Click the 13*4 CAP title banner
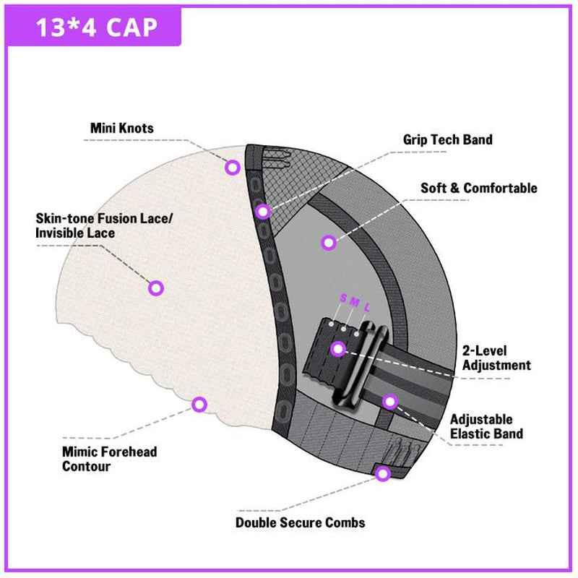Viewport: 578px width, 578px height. pos(97,28)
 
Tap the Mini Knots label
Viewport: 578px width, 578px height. pos(122,129)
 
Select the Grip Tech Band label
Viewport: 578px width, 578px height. pos(447,139)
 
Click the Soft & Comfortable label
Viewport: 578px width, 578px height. pos(479,189)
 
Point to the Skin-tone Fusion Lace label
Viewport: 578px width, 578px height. pos(104,225)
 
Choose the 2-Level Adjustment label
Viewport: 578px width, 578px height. pos(496,358)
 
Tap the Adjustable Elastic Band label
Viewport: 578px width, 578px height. pos(486,426)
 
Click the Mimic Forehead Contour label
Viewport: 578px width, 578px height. pos(110,460)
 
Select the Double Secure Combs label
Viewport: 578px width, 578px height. pos(300,522)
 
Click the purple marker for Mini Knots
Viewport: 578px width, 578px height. pos(232,168)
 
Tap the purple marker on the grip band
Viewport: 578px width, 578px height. pos(263,211)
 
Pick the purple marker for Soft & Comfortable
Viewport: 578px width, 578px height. pos(329,243)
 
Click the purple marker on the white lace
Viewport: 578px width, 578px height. pos(155,288)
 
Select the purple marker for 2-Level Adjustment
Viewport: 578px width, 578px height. pos(337,350)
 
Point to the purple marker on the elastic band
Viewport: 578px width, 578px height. pos(390,400)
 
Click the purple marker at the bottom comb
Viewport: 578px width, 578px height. pos(383,474)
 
